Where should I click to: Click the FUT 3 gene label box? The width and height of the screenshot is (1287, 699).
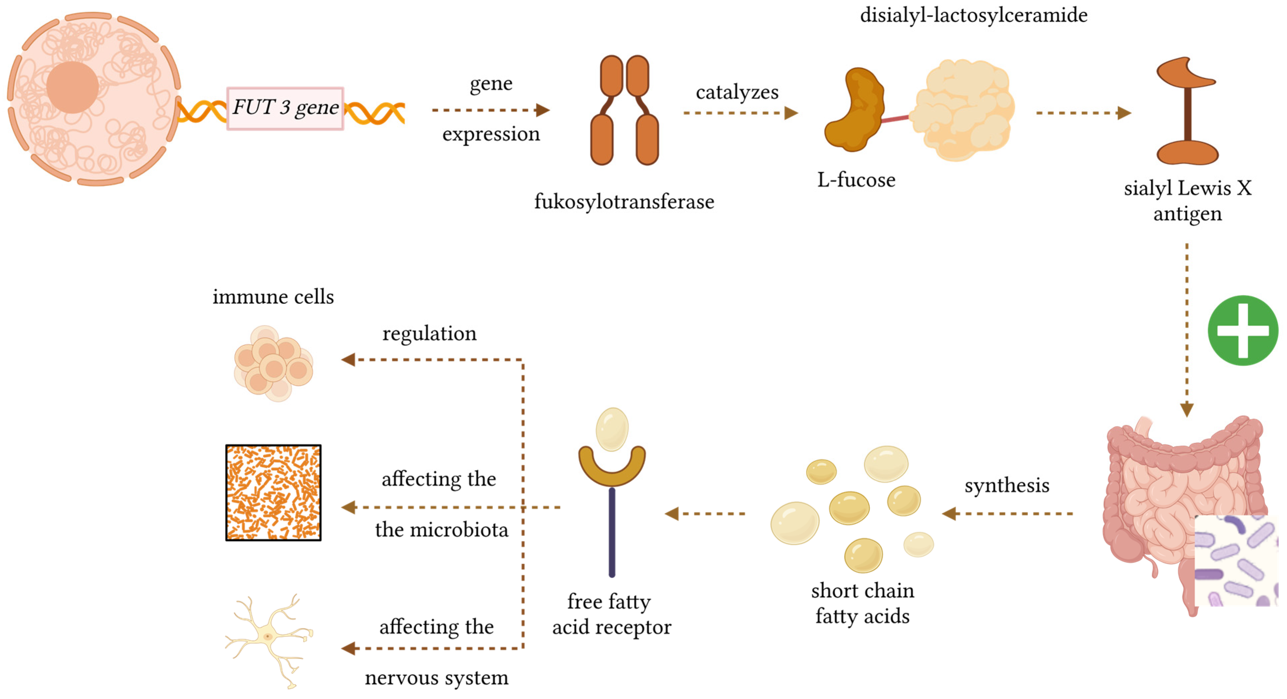285,108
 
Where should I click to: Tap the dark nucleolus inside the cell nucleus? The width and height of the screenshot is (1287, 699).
72,87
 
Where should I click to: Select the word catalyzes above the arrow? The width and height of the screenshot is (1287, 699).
737,92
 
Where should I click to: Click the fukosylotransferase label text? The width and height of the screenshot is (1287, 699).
624,202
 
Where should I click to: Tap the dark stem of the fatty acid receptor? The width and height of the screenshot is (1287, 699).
612,532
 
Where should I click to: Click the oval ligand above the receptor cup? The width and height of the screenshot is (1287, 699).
612,429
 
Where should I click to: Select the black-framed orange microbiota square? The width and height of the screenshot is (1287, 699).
273,493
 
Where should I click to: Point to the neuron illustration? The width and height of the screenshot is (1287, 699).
270,640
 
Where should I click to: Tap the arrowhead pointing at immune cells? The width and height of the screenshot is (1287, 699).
348,360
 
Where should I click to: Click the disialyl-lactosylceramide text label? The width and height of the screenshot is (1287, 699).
973,15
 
